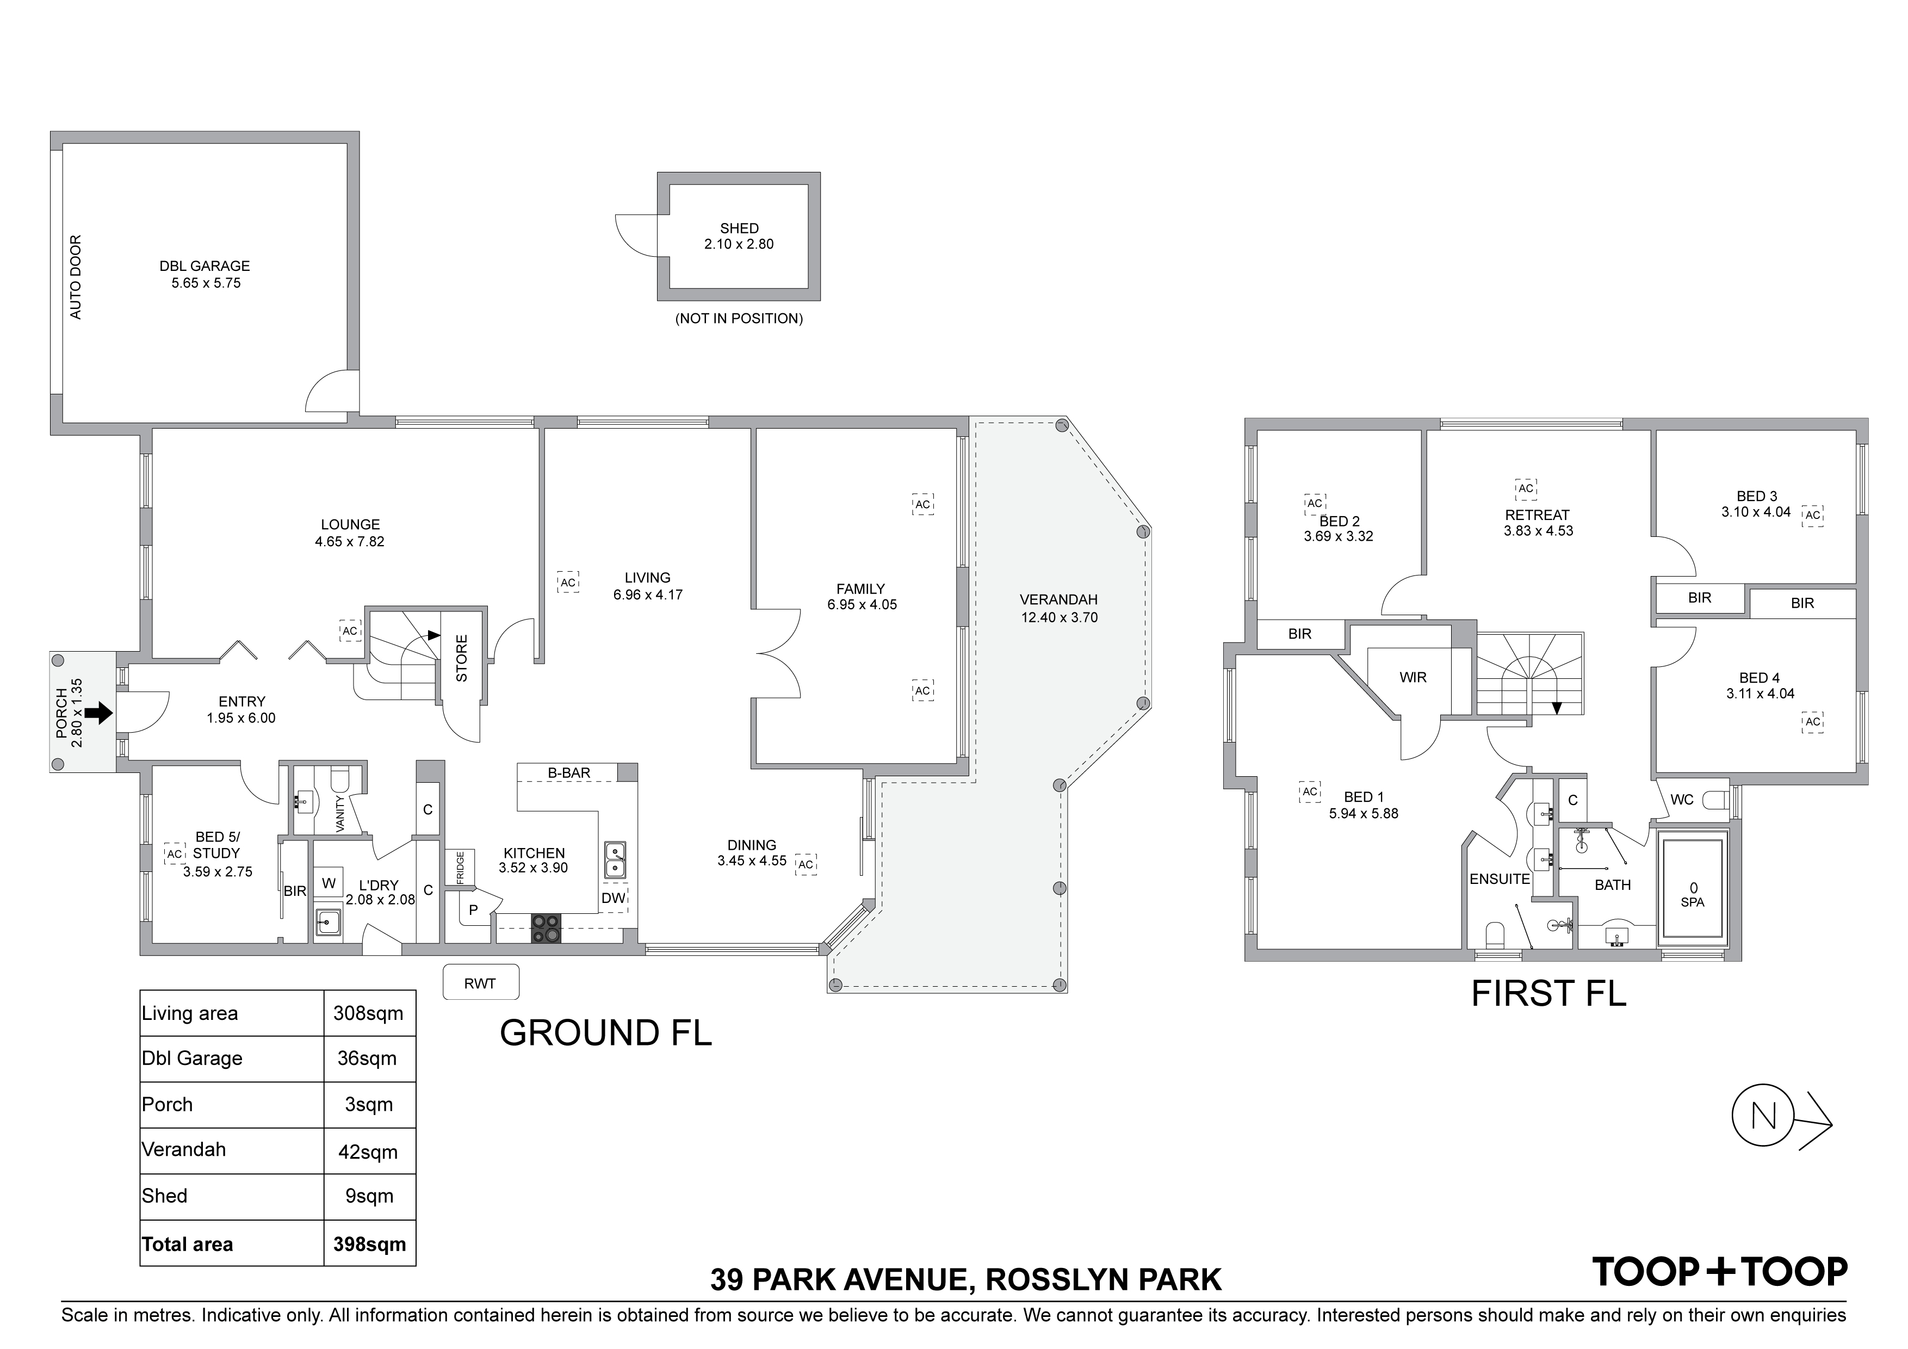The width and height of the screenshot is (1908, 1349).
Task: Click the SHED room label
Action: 738,228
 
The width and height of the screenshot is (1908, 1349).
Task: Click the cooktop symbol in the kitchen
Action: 545,927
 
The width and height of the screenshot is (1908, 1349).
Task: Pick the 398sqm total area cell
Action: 369,1243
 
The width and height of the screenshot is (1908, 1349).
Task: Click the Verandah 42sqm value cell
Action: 368,1151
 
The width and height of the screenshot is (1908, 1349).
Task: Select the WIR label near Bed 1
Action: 1413,677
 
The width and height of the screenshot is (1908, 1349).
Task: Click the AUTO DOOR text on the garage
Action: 76,277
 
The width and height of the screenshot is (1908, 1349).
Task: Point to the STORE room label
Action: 461,658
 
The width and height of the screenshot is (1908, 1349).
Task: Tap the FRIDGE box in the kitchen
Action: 460,868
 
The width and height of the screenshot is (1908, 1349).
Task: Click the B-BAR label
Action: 568,773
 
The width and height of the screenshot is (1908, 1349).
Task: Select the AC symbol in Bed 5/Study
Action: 174,853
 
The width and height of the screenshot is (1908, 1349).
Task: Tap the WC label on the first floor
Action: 1681,800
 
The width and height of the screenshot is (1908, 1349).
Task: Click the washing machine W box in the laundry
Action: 329,883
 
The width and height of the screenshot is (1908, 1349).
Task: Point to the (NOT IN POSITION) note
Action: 738,318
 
